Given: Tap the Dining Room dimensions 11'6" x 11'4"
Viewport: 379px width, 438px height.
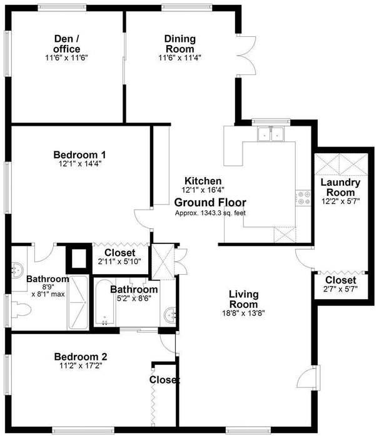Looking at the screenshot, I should point(179,58).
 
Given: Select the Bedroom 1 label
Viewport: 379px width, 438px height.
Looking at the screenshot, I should point(79,155).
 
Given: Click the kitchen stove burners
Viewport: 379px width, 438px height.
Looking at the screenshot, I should point(305,198).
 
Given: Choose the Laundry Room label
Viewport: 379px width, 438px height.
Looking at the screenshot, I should point(340,188).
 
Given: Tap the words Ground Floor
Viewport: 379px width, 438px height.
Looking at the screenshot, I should point(210,203).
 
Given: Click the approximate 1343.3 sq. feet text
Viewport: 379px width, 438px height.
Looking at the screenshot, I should point(210,213).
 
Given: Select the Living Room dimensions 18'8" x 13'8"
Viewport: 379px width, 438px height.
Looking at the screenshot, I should point(243,313).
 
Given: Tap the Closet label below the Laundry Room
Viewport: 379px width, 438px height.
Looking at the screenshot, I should point(340,280).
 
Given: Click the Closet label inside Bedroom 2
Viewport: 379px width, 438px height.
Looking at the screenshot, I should point(164,380).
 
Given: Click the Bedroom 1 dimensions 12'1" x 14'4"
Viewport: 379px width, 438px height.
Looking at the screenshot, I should point(79,164).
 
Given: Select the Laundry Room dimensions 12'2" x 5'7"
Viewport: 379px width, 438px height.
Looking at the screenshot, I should point(340,202).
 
